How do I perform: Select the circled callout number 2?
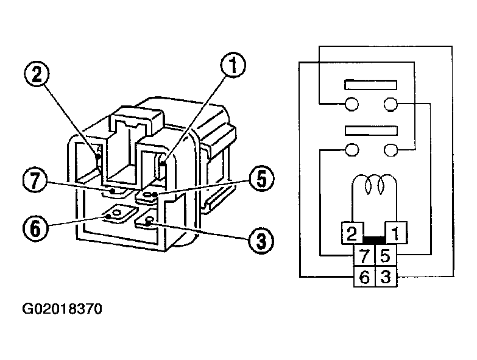[36, 75]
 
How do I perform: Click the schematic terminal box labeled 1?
[395, 232]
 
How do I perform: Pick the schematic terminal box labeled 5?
[384, 254]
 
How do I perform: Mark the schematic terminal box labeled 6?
[364, 277]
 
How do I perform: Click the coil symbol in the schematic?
[372, 183]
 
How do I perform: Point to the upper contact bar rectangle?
[371, 84]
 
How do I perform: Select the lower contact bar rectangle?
[371, 129]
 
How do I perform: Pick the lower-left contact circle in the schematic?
[352, 149]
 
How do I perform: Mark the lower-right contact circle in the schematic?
[391, 149]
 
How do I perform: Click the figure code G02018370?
[62, 309]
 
